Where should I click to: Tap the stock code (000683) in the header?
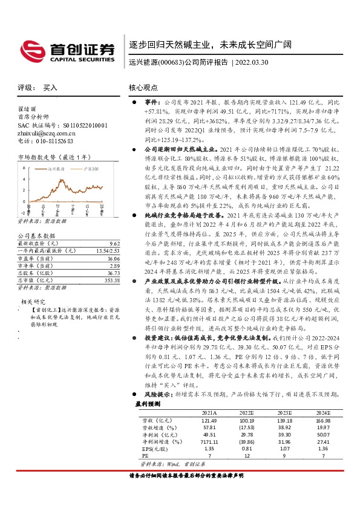(169, 62)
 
